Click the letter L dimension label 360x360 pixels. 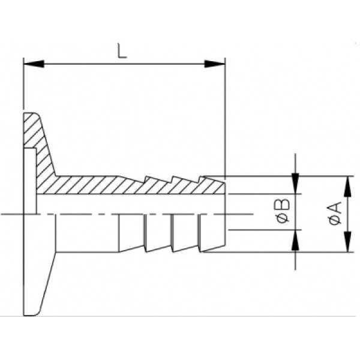click(x=122, y=50)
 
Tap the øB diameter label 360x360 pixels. click(x=283, y=211)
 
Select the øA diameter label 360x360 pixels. click(x=335, y=213)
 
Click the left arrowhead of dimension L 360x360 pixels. click(x=34, y=64)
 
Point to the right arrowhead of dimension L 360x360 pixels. click(x=215, y=64)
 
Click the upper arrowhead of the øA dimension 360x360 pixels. click(x=348, y=187)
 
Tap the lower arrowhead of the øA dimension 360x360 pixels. click(x=348, y=242)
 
